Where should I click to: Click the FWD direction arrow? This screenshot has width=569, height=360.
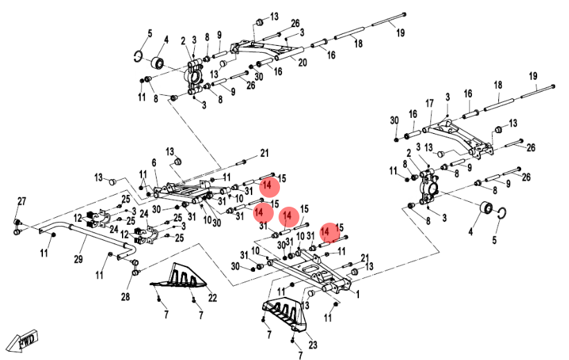23,341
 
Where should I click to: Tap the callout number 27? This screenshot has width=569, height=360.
21,202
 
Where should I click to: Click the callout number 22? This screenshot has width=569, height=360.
213,298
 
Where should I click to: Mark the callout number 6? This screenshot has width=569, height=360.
154,162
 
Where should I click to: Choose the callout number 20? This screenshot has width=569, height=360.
302,63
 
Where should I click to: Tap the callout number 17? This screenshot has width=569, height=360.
430,103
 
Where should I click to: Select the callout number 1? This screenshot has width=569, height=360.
358,293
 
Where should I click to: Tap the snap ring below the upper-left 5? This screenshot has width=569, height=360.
139,58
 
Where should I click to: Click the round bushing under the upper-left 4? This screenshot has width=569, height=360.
157,64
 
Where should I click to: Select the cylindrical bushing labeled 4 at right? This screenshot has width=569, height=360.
487,208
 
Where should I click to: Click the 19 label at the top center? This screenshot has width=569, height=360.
401,32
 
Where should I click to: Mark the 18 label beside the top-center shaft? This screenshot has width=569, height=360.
358,44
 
